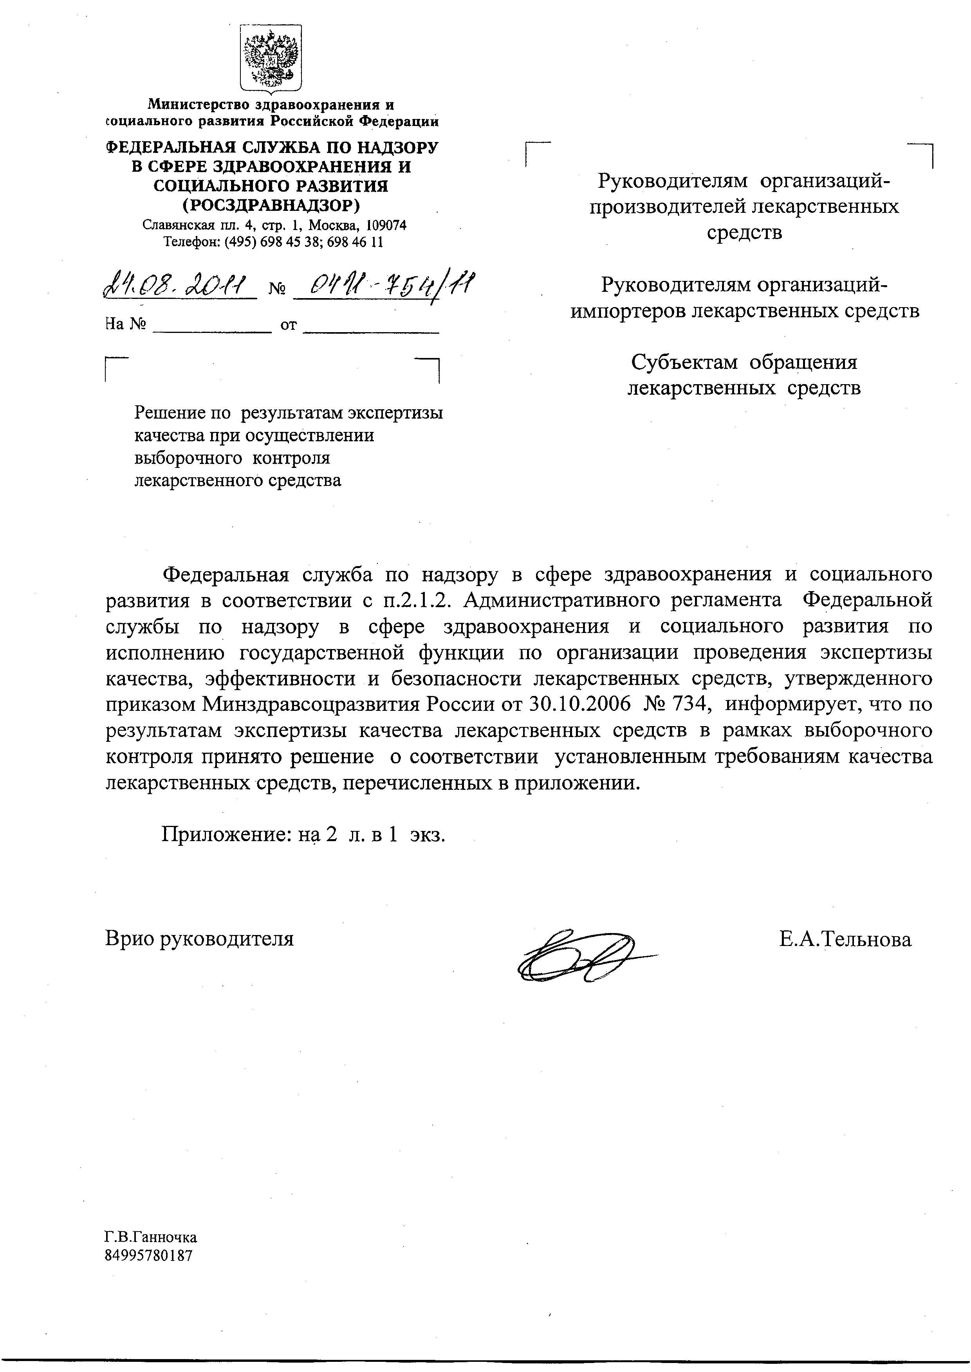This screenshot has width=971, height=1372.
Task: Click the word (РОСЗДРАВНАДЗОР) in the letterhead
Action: [271, 205]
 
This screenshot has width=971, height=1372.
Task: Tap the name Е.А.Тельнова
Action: [845, 939]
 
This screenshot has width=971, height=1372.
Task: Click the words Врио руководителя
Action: [200, 938]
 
